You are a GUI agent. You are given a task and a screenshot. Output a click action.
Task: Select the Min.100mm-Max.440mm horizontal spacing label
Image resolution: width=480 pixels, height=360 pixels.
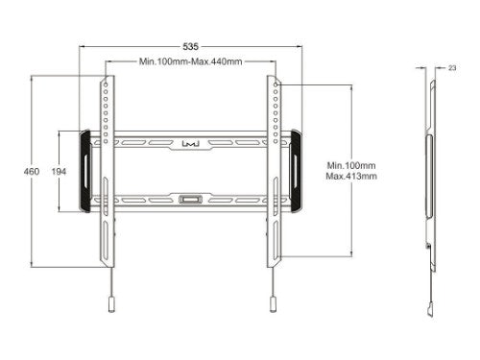(190, 61)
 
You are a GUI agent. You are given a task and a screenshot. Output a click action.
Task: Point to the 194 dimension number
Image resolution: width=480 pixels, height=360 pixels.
(59, 172)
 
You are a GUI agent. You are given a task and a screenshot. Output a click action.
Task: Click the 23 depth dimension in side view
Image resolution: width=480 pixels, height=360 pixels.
(451, 68)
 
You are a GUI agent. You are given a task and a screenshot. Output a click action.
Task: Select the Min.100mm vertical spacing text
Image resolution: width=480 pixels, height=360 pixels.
(351, 164)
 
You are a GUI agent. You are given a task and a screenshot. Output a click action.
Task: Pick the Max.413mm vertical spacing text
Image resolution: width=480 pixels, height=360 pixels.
(351, 177)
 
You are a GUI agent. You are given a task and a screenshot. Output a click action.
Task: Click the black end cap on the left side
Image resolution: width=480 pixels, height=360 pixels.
(86, 171)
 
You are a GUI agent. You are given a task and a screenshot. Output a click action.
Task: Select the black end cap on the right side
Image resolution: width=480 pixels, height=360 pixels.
(295, 171)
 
